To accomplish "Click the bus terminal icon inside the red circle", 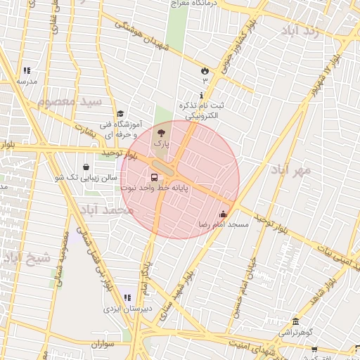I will pos(154,177).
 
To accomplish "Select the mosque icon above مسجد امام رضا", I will pos(224,214).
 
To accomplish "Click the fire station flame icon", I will pos(205,70).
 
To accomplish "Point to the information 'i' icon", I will pos(202,95).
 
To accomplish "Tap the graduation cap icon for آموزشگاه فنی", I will pos(120,113).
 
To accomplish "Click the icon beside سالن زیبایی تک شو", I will pos(86,167).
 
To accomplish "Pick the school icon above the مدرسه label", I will pos(27,70).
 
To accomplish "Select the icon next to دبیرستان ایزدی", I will pos(127,298).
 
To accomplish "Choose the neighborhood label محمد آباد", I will pos(106,210).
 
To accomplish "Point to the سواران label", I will pos(102,344).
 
